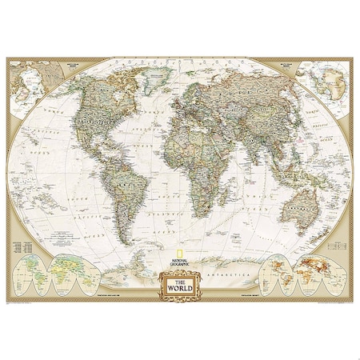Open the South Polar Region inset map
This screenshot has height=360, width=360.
click(x=321, y=80)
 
